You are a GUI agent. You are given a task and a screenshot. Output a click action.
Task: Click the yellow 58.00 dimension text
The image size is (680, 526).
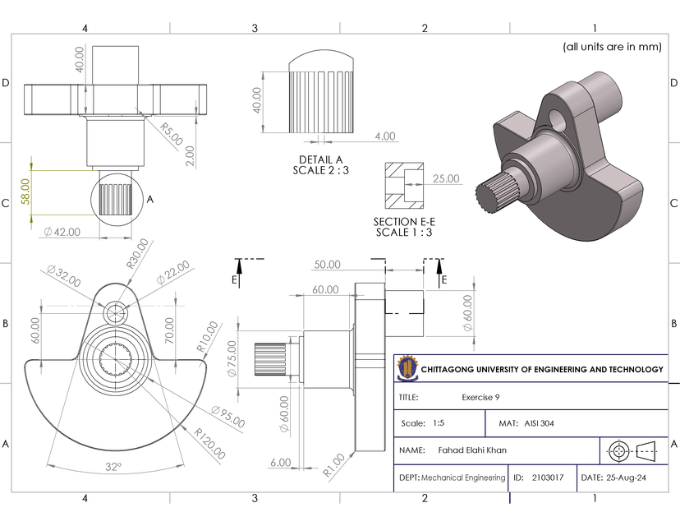[25, 191]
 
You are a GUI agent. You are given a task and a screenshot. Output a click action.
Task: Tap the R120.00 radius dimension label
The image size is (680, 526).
[209, 443]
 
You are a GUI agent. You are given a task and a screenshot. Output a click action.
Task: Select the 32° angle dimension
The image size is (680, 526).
[113, 467]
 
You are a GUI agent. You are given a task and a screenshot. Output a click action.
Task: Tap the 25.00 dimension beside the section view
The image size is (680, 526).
[446, 178]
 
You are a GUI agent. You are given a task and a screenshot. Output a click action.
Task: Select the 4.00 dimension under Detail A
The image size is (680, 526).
[384, 136]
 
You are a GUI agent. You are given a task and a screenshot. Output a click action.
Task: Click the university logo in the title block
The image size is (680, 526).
[407, 369]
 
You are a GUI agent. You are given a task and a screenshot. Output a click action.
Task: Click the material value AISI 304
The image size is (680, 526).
[540, 424]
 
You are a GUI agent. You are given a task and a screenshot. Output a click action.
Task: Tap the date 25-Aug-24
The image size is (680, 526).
[613, 478]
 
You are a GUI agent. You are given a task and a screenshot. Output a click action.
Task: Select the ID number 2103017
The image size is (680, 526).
[548, 478]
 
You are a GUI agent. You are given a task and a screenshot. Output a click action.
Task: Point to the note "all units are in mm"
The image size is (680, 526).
[611, 47]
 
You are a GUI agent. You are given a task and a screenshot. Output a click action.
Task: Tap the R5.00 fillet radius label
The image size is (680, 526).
[171, 131]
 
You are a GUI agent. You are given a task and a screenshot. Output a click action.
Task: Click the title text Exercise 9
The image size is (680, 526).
[480, 397]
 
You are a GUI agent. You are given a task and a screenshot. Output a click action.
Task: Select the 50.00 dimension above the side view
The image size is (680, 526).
[327, 265]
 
